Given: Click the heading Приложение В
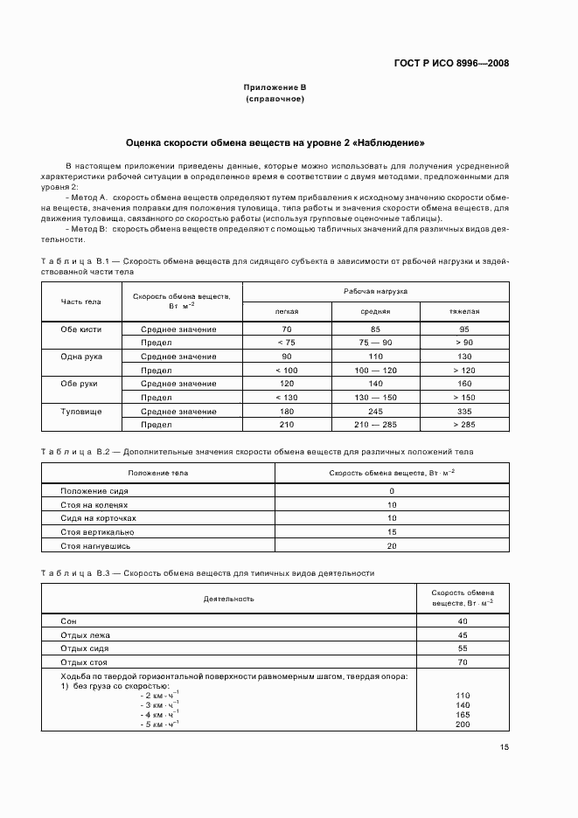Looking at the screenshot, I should tap(275, 88).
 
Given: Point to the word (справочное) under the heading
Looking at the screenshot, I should tap(275, 99).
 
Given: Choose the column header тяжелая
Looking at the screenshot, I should tap(464, 310).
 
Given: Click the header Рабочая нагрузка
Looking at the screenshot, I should tap(375, 290).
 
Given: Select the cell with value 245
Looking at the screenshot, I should tap(375, 411).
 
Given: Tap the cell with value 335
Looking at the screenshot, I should tap(464, 411).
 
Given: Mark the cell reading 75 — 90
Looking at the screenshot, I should tap(375, 343).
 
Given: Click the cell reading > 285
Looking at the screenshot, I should tap(464, 425).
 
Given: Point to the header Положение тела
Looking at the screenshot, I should tap(158, 473).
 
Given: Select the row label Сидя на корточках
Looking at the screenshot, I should tap(99, 518).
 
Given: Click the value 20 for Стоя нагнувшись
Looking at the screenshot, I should tap(392, 545).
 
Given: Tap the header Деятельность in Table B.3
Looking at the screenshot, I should tap(229, 599).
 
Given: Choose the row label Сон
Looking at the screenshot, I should tap(68, 620).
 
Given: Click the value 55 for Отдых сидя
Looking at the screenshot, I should tap(463, 648).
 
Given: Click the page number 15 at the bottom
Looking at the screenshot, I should tap(505, 747).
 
